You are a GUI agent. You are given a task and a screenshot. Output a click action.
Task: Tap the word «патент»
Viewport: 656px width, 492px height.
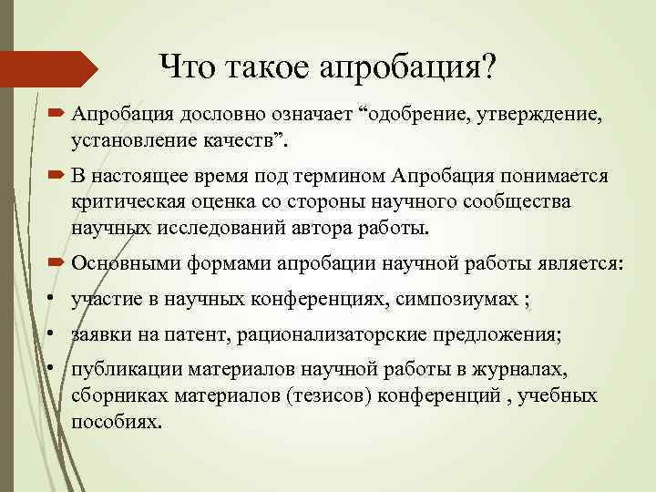click(201, 335)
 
